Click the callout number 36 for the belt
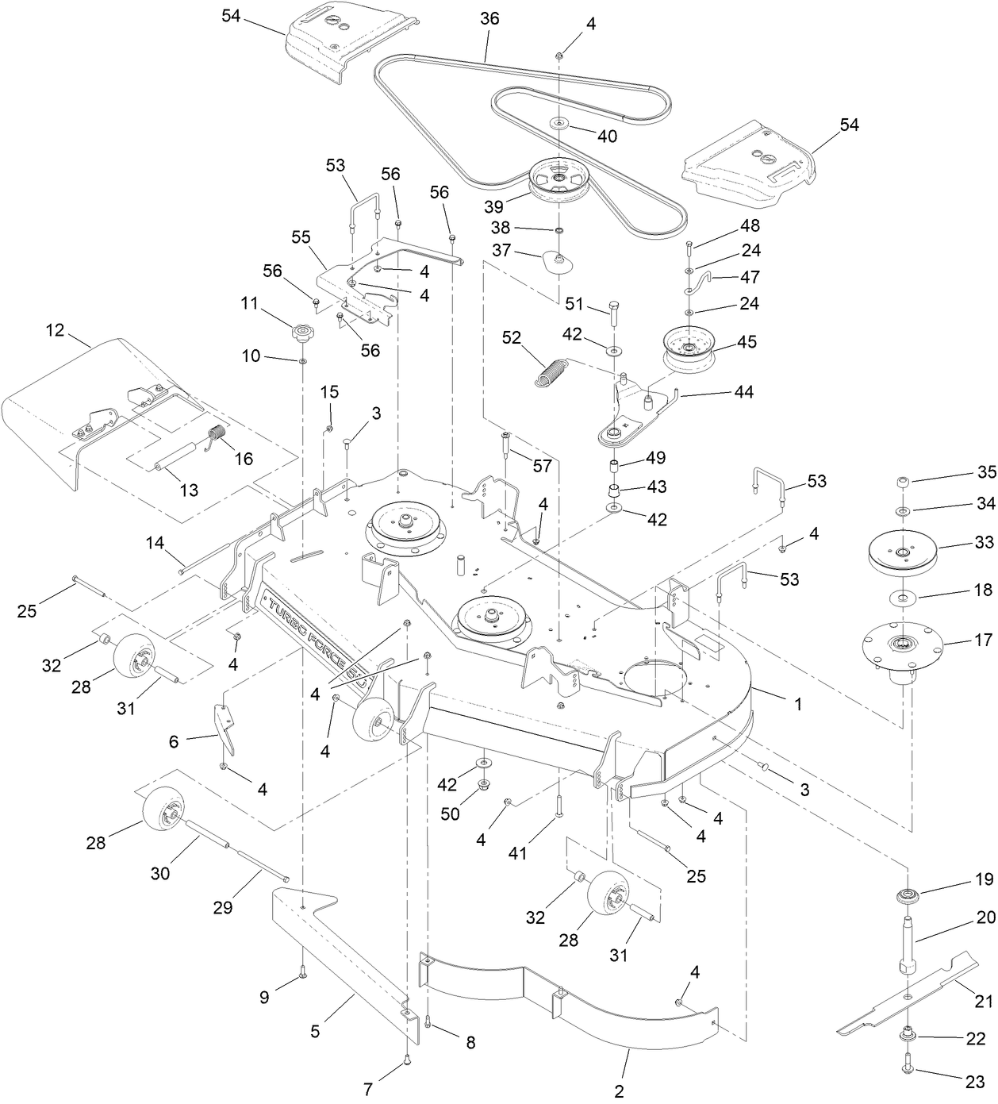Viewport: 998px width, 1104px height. pos(489,18)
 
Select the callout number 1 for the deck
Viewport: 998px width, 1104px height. pos(798,703)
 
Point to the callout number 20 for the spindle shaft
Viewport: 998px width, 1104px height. pos(985,917)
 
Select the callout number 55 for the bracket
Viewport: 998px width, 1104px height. pos(301,237)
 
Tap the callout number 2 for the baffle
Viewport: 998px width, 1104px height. pos(619,1091)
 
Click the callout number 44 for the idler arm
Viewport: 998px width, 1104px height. pos(744,392)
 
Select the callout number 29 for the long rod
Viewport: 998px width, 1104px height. pos(223,907)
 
